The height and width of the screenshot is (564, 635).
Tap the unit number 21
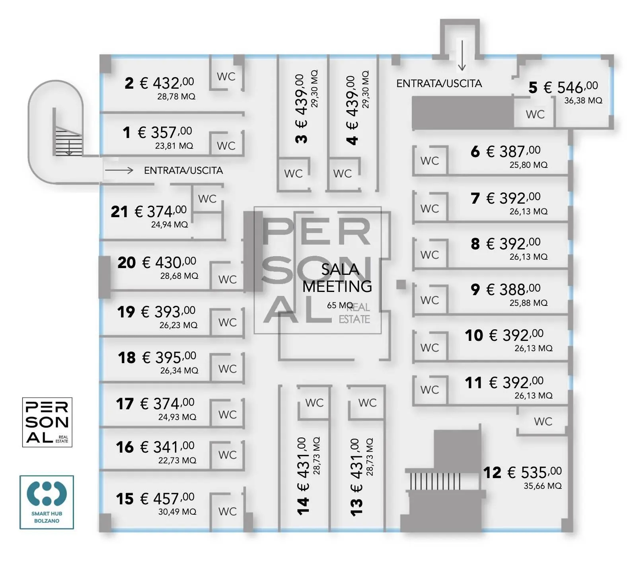pyautogui.click(x=119, y=212)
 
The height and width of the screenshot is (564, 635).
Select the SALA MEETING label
pyautogui.click(x=337, y=278)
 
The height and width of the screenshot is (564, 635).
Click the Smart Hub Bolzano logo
pyautogui.click(x=47, y=502)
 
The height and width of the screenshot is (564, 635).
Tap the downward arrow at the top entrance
pyautogui.click(x=462, y=55)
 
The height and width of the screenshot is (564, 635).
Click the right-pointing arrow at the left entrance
pyautogui.click(x=119, y=170)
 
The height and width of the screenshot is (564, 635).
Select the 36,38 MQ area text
pyautogui.click(x=583, y=101)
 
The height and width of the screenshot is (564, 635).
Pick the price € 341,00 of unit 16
pyautogui.click(x=167, y=447)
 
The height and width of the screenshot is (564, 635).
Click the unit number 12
pyautogui.click(x=492, y=473)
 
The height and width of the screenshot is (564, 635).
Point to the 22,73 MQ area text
pyautogui.click(x=177, y=460)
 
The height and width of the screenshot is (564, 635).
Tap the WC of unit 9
pyautogui.click(x=430, y=300)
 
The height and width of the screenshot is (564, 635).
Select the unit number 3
pyautogui.click(x=302, y=139)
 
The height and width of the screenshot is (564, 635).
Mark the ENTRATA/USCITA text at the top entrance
pyautogui.click(x=439, y=84)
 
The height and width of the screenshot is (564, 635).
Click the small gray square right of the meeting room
pyautogui.click(x=401, y=284)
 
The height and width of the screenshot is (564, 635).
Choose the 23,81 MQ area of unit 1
pyautogui.click(x=174, y=146)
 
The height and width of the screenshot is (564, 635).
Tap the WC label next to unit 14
pyautogui.click(x=314, y=403)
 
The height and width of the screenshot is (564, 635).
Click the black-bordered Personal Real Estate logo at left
pyautogui.click(x=47, y=422)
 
